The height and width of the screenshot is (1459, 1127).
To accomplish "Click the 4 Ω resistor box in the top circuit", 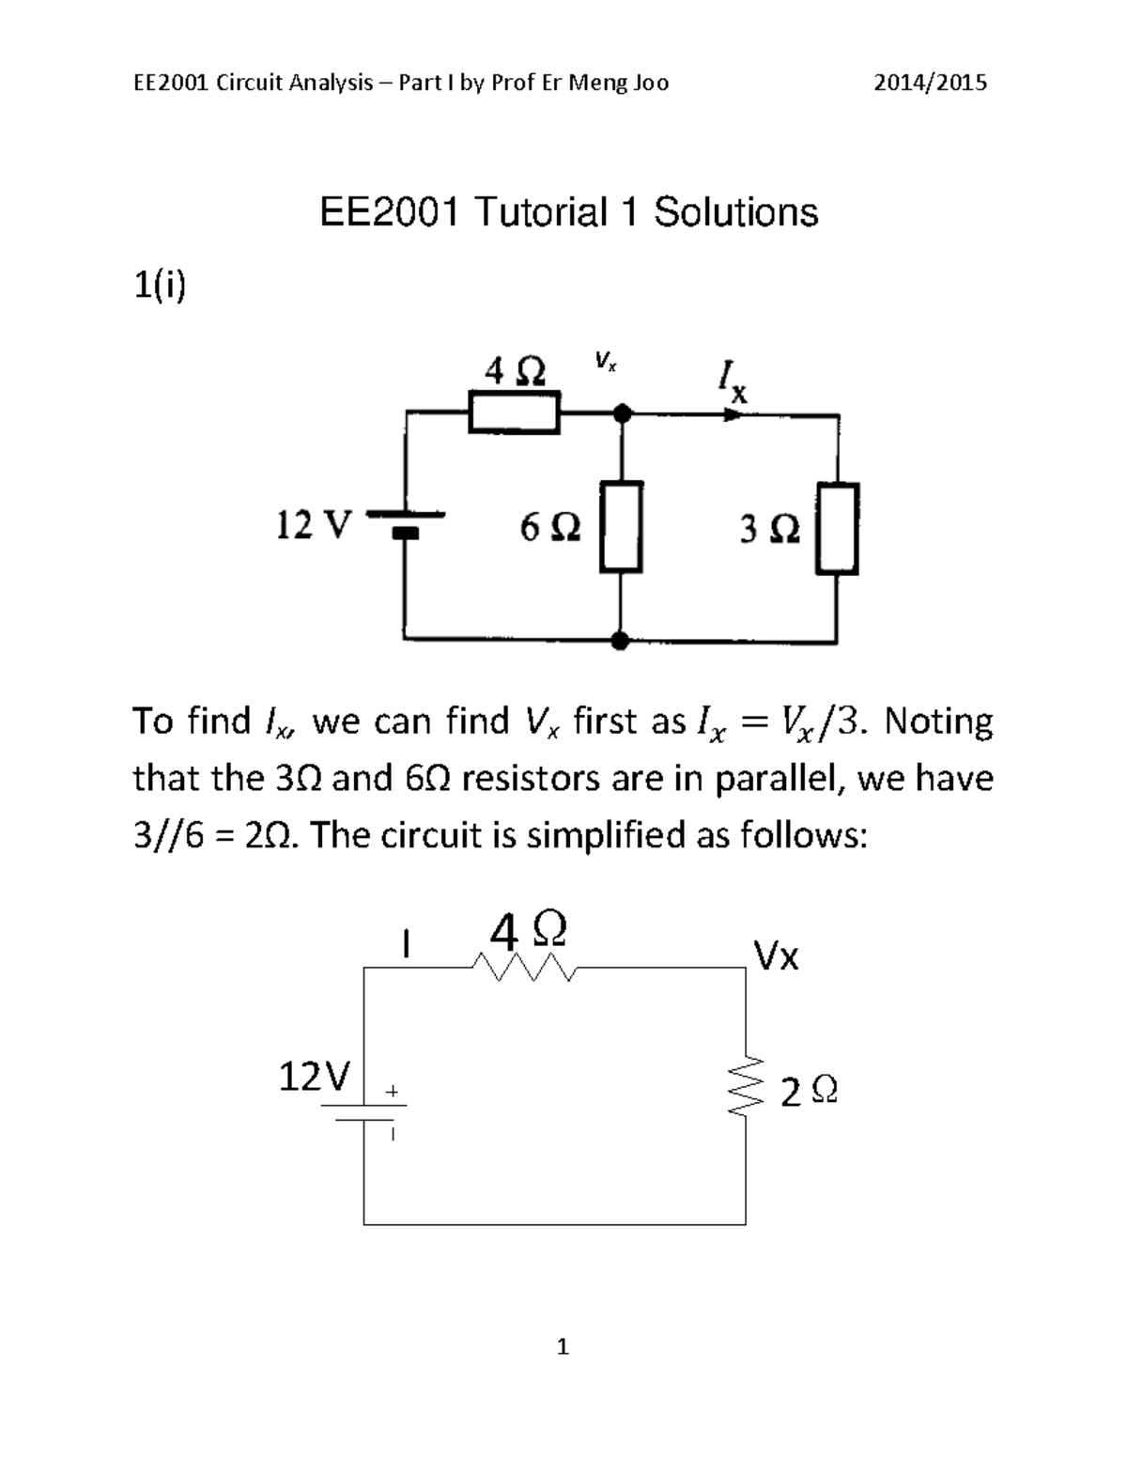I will (x=515, y=413).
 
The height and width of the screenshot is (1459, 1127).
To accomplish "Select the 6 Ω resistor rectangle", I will (x=621, y=526).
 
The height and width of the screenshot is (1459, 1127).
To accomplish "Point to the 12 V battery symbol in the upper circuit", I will (x=405, y=522).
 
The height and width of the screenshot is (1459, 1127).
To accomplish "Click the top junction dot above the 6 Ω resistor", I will (x=620, y=412).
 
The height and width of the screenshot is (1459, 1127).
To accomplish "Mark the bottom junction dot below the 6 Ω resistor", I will (x=620, y=641).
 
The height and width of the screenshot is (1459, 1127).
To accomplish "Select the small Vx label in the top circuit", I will (x=605, y=361).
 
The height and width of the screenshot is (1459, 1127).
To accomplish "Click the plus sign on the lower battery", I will (x=392, y=1092).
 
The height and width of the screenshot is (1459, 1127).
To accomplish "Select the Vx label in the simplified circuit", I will (x=777, y=956).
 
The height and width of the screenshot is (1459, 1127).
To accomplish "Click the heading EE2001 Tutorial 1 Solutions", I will (x=569, y=212).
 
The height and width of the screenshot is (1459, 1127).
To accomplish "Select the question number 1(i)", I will (x=160, y=287).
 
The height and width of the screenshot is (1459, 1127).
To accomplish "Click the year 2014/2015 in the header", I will (x=930, y=83).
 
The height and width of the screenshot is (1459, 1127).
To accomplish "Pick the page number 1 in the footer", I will (x=563, y=1347).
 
